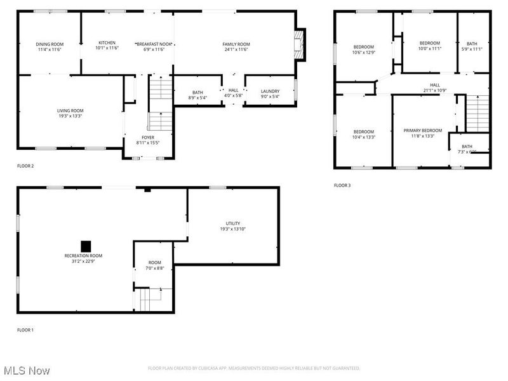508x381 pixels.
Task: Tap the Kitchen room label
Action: (107, 43)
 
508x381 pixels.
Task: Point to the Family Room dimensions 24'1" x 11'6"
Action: (235, 49)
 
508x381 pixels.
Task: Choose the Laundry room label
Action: (270, 91)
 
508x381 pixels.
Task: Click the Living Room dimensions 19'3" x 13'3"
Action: (70, 116)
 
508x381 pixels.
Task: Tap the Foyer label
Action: (147, 137)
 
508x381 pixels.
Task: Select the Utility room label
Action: (233, 224)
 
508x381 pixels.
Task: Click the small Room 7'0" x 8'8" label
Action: (155, 262)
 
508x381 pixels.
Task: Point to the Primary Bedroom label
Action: (422, 130)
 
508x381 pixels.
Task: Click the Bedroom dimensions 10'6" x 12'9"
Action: (364, 53)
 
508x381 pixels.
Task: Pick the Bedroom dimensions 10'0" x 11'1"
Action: (429, 49)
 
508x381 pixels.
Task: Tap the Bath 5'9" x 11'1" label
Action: (472, 43)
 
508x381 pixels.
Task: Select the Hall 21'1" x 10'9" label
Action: (434, 85)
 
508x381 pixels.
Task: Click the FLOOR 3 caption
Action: (342, 185)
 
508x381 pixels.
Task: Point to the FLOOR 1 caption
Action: (25, 330)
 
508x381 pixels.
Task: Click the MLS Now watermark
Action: (27, 370)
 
